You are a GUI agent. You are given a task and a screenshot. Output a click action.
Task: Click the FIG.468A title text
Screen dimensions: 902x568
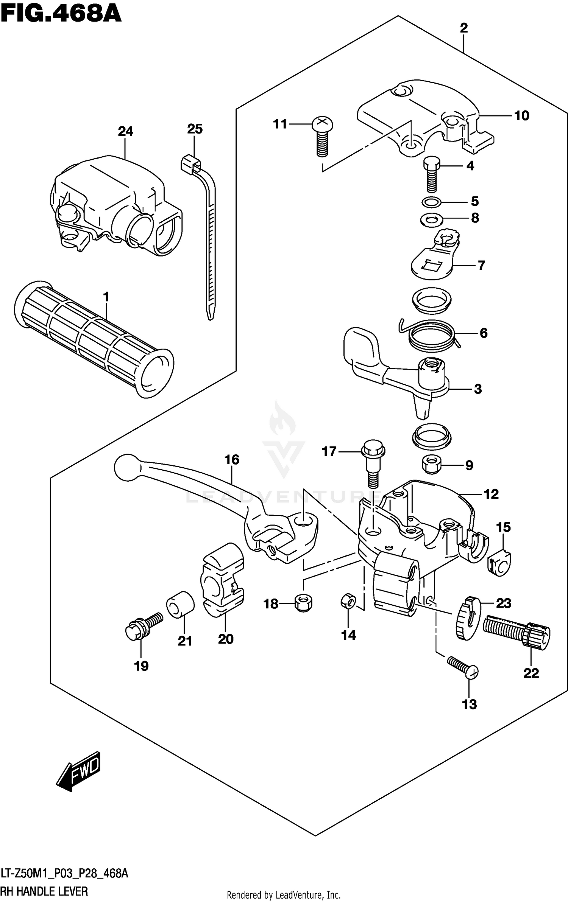[x=61, y=14]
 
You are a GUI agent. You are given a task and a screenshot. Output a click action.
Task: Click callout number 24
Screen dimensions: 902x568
[x=125, y=132]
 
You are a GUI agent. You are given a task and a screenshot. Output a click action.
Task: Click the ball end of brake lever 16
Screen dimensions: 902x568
[x=126, y=468]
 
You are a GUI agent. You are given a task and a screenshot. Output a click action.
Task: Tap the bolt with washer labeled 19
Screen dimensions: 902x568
[x=142, y=628]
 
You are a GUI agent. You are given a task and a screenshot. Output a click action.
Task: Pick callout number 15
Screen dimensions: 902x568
[x=504, y=527]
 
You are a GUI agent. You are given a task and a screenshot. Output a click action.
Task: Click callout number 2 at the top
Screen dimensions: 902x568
[x=464, y=28]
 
